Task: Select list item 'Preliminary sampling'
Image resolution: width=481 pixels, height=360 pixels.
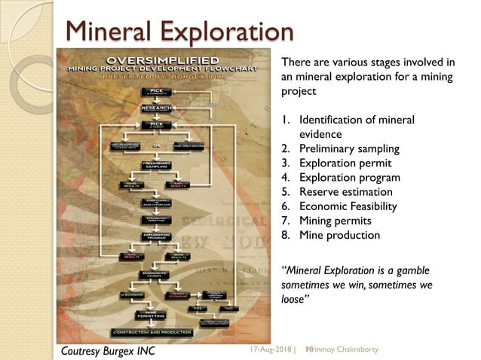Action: pyautogui.click(x=350, y=148)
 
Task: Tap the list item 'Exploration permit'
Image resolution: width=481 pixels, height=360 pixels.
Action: pyautogui.click(x=345, y=163)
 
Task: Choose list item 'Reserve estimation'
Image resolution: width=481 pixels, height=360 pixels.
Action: pyautogui.click(x=346, y=192)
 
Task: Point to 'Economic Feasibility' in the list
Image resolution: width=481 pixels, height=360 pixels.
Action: pyautogui.click(x=350, y=206)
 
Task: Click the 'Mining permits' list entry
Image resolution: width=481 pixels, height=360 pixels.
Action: pyautogui.click(x=336, y=221)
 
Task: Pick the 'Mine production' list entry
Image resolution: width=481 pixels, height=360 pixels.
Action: pyautogui.click(x=339, y=235)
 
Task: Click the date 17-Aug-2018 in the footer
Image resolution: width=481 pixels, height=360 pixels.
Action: pyautogui.click(x=269, y=349)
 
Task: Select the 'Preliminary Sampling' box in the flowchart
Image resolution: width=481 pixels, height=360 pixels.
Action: pyautogui.click(x=156, y=164)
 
